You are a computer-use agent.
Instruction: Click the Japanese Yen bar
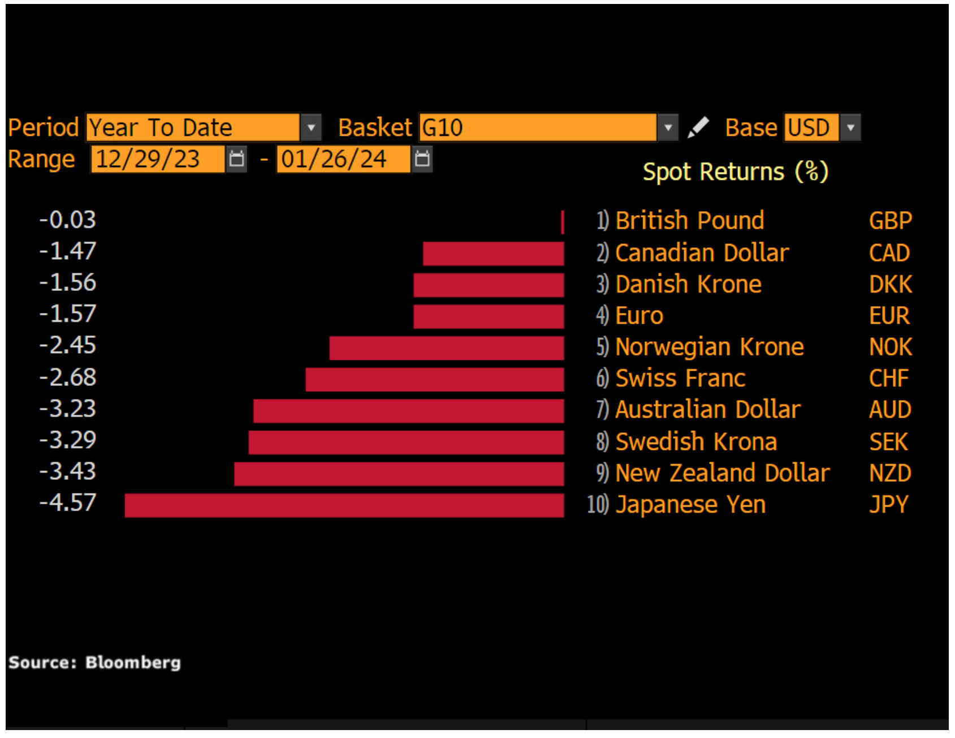click(x=344, y=505)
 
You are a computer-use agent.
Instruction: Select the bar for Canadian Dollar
click(x=493, y=254)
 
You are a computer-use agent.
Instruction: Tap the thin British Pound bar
click(x=562, y=222)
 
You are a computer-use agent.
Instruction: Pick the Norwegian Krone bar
click(x=446, y=348)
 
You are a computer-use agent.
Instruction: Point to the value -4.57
click(x=68, y=503)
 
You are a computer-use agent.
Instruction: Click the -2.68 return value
click(x=68, y=377)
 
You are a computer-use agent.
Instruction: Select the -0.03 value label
click(x=68, y=220)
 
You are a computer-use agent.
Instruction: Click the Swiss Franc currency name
click(x=680, y=379)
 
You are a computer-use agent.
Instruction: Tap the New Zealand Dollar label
click(x=722, y=473)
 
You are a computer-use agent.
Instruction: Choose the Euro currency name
click(x=639, y=316)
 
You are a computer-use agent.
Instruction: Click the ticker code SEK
click(x=888, y=442)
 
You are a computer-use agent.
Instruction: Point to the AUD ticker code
click(x=890, y=410)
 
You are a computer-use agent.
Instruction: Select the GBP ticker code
click(x=891, y=221)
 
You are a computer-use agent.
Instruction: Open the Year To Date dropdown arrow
click(x=311, y=128)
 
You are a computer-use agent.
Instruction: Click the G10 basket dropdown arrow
click(x=668, y=128)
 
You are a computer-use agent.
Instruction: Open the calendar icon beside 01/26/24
click(x=422, y=160)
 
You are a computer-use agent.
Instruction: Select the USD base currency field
click(x=809, y=128)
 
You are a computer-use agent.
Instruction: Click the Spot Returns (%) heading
click(x=735, y=172)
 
